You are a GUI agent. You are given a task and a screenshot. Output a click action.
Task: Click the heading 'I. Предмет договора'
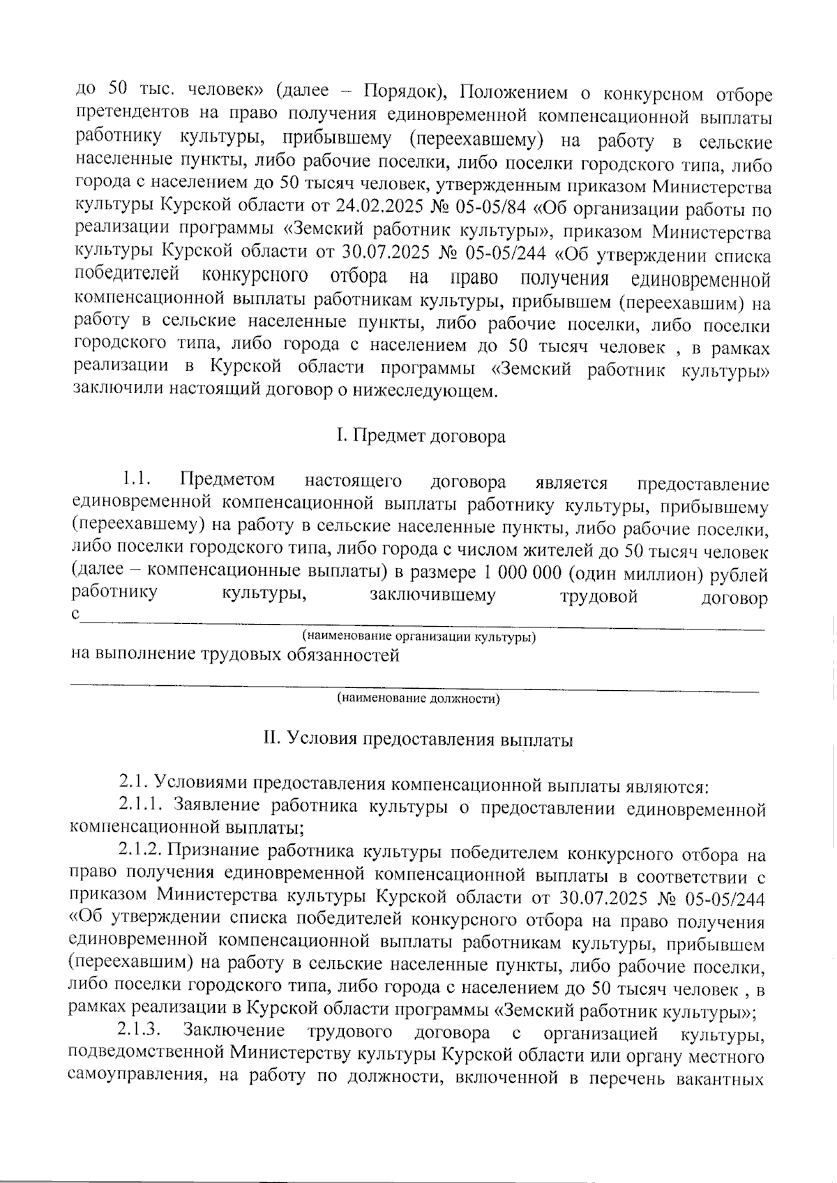coord(420,437)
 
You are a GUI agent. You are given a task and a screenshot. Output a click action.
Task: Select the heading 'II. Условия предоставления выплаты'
coord(418,740)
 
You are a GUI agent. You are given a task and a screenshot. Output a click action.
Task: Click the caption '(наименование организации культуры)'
coord(418,637)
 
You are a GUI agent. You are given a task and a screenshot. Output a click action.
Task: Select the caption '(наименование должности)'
coord(418,699)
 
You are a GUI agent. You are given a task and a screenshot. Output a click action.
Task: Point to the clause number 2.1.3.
coord(141,1030)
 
